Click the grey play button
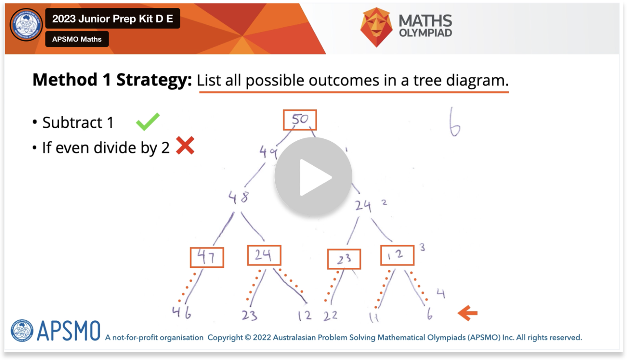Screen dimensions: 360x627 [x=313, y=177]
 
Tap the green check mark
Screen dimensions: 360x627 [x=148, y=122]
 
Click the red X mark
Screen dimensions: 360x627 [x=185, y=146]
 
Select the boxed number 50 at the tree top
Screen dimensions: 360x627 [x=300, y=120]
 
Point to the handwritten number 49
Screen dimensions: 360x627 [x=268, y=152]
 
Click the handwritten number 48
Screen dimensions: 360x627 [x=238, y=198]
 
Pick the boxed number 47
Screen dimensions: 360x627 [x=207, y=257]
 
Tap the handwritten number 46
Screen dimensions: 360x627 [x=181, y=313]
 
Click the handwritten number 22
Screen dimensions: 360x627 [x=330, y=316]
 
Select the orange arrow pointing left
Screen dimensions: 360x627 [x=467, y=313]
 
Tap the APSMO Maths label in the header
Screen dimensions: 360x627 [x=77, y=39]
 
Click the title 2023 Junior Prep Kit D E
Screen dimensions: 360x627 [x=112, y=19]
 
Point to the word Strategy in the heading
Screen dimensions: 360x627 [x=154, y=80]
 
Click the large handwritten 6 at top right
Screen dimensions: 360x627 [x=454, y=122]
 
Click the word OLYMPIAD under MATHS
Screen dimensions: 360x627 [x=425, y=33]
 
